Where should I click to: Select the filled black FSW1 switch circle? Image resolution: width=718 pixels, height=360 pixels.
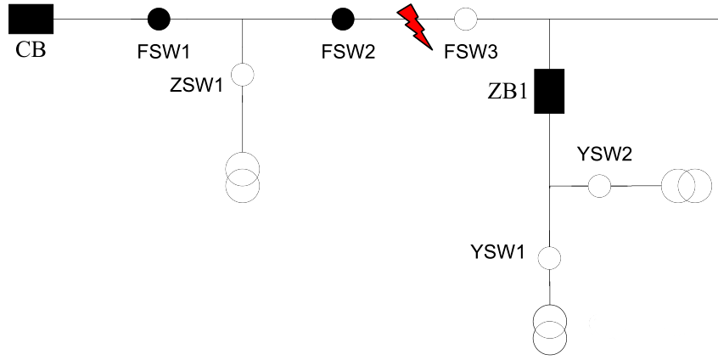coord(158,18)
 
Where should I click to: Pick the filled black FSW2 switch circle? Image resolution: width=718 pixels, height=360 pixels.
coord(342,18)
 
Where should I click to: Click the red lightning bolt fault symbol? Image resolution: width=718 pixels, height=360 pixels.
coord(416,25)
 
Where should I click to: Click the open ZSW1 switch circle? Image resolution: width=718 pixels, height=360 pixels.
coord(243,75)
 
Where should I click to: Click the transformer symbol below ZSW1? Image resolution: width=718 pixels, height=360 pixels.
coord(243,177)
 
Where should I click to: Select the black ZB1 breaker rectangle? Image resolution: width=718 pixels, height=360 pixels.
coord(549,92)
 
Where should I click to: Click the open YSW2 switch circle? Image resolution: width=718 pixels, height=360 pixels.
coord(599,185)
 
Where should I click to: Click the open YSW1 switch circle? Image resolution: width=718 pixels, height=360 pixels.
coord(549,256)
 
